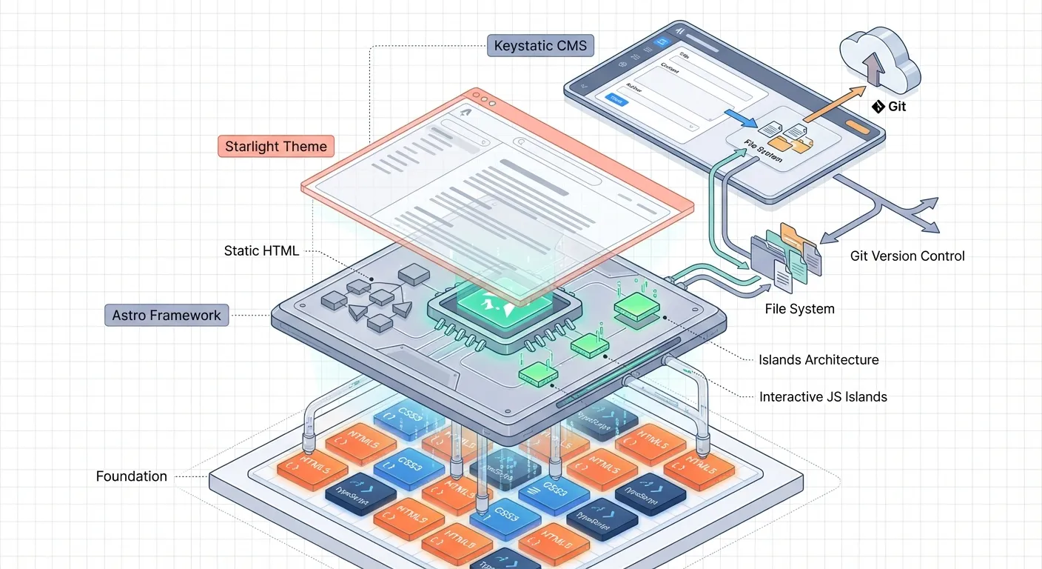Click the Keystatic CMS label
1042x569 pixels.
540,46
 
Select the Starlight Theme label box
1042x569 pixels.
276,146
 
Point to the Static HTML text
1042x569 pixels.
261,250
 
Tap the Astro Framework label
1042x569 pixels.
167,315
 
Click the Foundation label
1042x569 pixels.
132,476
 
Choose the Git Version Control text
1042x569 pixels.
907,256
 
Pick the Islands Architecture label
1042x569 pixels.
819,360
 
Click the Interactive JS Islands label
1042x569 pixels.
823,397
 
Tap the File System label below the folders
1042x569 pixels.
799,309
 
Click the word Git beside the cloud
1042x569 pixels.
896,107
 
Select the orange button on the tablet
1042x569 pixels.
859,127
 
